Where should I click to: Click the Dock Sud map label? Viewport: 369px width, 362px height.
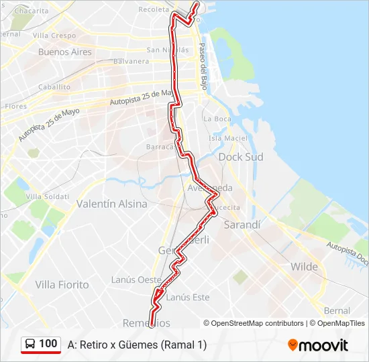[241, 157]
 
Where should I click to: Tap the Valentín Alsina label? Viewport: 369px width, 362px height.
[112, 204]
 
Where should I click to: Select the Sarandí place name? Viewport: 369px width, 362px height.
[242, 225]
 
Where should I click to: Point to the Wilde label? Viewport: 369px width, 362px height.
[304, 267]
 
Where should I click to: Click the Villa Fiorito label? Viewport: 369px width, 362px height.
[62, 285]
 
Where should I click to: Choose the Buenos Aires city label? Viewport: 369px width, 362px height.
[64, 52]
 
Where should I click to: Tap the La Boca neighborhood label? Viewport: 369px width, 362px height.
[216, 119]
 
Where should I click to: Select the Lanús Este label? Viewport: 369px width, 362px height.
[187, 297]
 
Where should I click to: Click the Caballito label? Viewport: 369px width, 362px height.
[54, 87]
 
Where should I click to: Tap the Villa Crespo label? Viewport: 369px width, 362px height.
[54, 35]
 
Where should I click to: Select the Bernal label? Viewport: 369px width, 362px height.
[337, 310]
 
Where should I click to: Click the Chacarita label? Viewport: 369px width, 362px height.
[32, 11]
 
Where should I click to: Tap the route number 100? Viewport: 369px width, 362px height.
[48, 344]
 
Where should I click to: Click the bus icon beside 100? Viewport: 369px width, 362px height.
[30, 344]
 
